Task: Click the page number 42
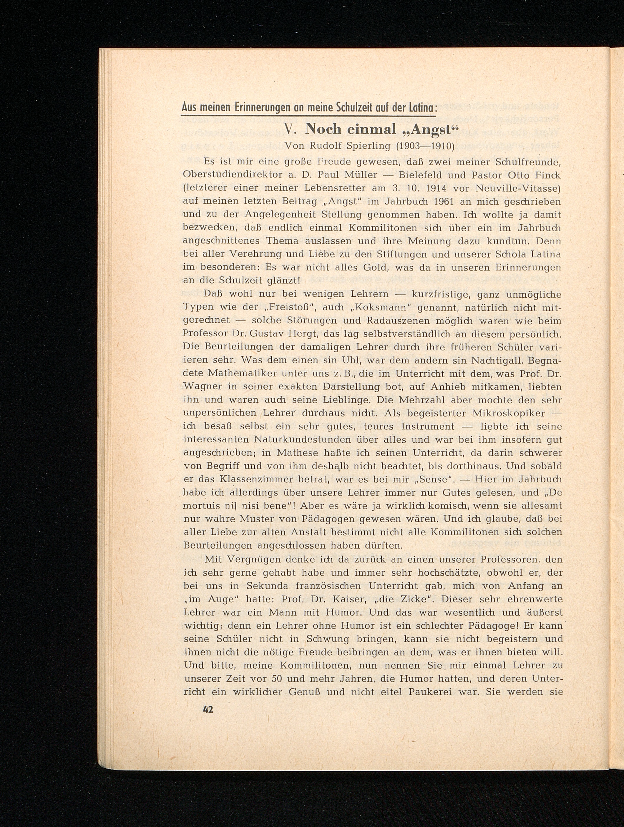coord(208,709)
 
